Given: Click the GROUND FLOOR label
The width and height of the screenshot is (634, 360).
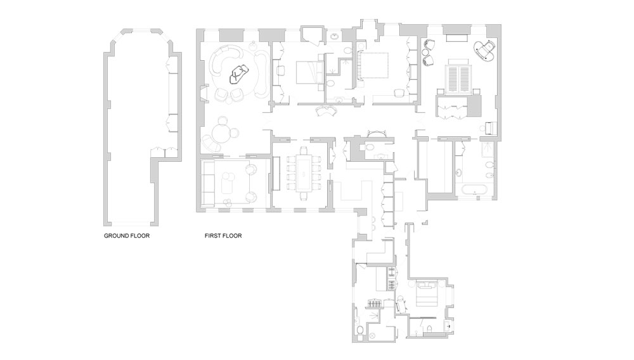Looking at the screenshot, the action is coord(127,236).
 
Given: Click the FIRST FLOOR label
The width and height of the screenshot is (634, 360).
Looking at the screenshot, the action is coord(223,236).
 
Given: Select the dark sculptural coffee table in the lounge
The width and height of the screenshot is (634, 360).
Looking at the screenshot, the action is coord(238,74).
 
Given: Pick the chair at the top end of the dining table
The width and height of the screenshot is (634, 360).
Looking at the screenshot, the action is coord(304,151).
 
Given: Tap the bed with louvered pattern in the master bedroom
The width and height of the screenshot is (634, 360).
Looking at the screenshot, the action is coord(458,77).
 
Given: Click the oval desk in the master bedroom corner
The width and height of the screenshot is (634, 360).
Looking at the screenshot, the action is coord(485,51).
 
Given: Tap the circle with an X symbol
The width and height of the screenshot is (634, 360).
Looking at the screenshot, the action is coord(372,335).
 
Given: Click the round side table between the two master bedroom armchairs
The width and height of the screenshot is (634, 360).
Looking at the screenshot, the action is coord(425,52).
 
